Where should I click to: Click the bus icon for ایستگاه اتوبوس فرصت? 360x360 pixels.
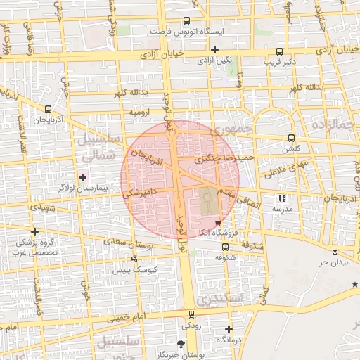click(186, 21)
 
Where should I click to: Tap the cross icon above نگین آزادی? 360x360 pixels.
click(214, 49)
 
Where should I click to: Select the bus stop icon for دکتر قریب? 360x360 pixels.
click(280, 51)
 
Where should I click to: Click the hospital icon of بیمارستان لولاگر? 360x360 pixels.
click(83, 176)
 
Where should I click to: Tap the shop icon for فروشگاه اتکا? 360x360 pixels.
click(218, 223)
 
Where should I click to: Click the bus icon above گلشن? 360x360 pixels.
click(291, 138)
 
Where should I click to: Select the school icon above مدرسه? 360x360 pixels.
click(283, 198)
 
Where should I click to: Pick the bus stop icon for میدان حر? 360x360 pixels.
click(334, 250)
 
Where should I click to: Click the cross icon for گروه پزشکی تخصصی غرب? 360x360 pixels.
click(34, 231)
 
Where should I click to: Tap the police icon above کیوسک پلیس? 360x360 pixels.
click(135, 258)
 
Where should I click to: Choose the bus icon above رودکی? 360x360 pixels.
click(191, 314)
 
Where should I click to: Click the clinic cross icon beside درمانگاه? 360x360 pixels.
click(229, 328)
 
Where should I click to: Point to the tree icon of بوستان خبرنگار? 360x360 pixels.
click(181, 344)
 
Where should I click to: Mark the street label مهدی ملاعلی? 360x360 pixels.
click(285, 168)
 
